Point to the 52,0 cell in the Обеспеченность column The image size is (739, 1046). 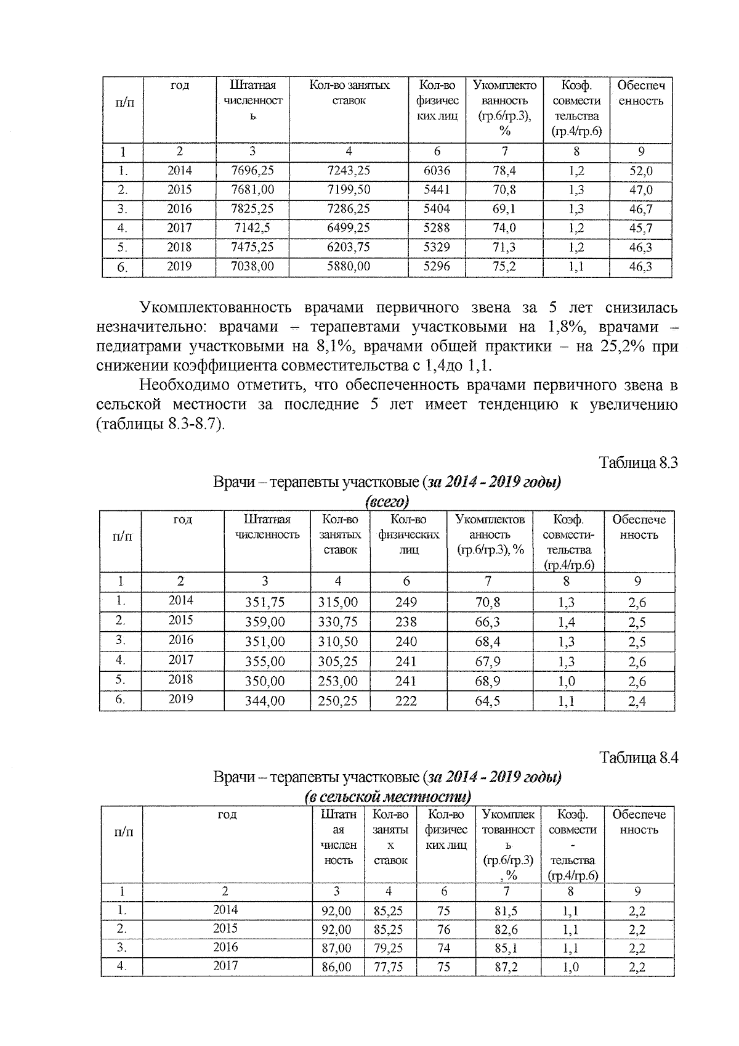(x=640, y=171)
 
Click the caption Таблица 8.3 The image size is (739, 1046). (x=639, y=463)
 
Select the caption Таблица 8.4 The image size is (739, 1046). (x=639, y=758)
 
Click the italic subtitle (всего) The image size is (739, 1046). (x=387, y=501)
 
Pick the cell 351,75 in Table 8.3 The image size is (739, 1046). (x=265, y=602)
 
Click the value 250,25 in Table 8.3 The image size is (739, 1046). (x=338, y=701)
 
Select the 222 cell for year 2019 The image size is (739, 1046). (x=406, y=701)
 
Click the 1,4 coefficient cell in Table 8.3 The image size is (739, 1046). (x=566, y=622)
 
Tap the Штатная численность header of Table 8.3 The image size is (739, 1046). (x=267, y=527)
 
